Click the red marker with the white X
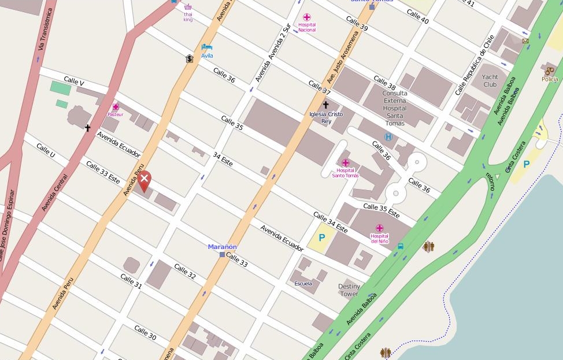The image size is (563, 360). pos(145,180)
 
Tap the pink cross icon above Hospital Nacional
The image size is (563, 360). pos(307,17)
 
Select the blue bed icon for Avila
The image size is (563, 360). pos(207,47)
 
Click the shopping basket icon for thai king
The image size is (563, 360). pos(188,8)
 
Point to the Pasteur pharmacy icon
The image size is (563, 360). pos(116,107)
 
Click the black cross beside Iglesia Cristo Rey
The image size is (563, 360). pos(325,105)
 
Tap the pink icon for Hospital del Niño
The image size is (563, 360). pos(380,228)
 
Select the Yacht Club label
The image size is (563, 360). pos(490,80)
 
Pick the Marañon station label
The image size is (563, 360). pos(223,247)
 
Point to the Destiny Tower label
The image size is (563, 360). pos(349,290)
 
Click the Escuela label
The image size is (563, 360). pos(303,283)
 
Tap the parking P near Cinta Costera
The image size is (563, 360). pos(526,164)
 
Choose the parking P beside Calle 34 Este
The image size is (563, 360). pos(322,237)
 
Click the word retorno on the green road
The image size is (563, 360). pos(491,181)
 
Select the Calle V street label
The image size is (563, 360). pos(74,82)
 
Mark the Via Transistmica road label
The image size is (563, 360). pos(45,29)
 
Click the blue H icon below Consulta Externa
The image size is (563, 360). pos(388,137)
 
